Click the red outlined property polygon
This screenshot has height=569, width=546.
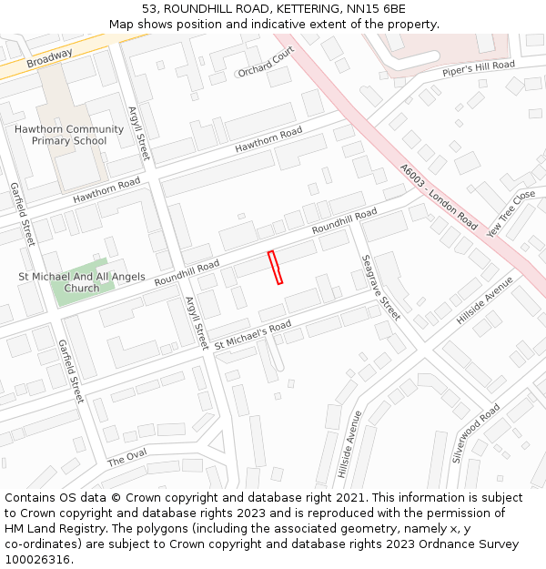pos(276,268)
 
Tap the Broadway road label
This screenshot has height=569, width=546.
pos(49,59)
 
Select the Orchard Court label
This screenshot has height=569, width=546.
pos(267,61)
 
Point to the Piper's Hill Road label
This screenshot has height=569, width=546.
pos(479,69)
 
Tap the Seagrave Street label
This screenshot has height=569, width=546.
pos(380,287)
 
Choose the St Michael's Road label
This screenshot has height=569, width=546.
pos(253,336)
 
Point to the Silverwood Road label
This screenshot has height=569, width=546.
pos(476,434)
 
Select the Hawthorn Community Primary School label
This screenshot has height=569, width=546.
pos(69,135)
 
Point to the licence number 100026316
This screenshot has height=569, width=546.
pos(39,560)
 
